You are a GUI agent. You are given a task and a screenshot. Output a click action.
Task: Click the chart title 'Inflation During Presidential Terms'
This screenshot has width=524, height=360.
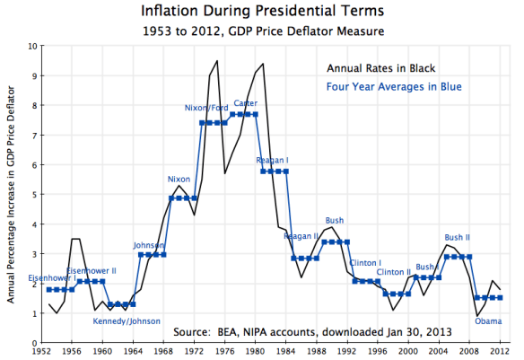pyautogui.click(x=262, y=12)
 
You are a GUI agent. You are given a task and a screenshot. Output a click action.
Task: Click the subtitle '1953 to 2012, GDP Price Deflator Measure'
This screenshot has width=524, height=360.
pyautogui.click(x=262, y=31)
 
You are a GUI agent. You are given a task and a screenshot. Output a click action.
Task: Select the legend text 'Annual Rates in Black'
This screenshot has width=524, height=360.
pyautogui.click(x=382, y=67)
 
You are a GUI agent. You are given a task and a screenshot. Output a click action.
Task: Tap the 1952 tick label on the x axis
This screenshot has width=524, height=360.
pyautogui.click(x=39, y=353)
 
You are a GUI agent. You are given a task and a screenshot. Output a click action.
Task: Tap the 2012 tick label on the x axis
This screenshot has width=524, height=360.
pyautogui.click(x=500, y=353)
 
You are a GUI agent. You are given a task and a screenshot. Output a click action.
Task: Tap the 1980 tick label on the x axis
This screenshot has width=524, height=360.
pyautogui.click(x=254, y=353)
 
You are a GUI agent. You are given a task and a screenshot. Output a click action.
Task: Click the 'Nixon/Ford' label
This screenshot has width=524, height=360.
pyautogui.click(x=205, y=108)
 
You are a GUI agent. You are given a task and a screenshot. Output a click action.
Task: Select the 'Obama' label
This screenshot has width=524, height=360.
pyautogui.click(x=488, y=320)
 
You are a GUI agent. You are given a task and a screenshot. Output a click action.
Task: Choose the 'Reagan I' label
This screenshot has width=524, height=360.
pyautogui.click(x=272, y=161)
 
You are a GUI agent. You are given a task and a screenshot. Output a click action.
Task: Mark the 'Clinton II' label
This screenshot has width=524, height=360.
pyautogui.click(x=393, y=271)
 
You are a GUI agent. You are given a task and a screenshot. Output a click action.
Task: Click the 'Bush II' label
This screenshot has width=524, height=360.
pyautogui.click(x=458, y=238)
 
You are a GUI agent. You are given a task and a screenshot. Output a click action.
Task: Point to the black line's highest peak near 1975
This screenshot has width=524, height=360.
pyautogui.click(x=216, y=61)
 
